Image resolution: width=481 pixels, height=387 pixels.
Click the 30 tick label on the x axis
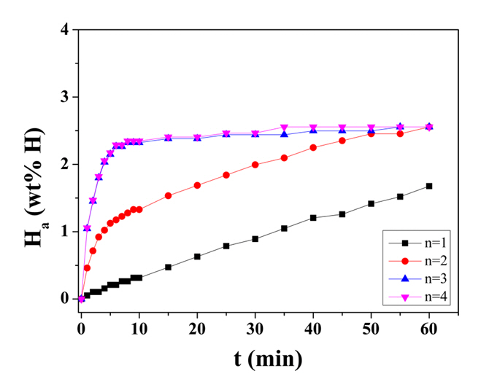tap(255, 324)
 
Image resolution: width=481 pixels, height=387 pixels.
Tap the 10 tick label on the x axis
tap(139, 324)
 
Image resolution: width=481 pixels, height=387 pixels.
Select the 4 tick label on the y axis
tap(65, 30)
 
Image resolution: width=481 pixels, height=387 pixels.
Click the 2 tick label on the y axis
tap(65, 165)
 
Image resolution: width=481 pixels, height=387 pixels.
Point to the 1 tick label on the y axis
tap(65, 232)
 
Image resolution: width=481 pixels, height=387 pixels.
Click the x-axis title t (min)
tap(255, 358)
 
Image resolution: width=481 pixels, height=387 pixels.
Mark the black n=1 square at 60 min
tap(428, 186)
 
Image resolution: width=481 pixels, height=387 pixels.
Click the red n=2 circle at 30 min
tap(255, 165)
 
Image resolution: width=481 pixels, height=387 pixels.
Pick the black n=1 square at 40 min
tap(313, 218)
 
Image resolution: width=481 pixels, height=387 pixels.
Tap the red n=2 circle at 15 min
tap(168, 195)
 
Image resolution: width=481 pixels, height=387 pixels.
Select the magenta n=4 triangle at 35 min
tap(284, 128)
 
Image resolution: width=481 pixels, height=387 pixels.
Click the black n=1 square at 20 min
tap(197, 257)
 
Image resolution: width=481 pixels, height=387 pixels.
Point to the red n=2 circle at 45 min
tap(342, 141)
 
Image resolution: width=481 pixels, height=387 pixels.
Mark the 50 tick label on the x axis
tap(371, 324)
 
